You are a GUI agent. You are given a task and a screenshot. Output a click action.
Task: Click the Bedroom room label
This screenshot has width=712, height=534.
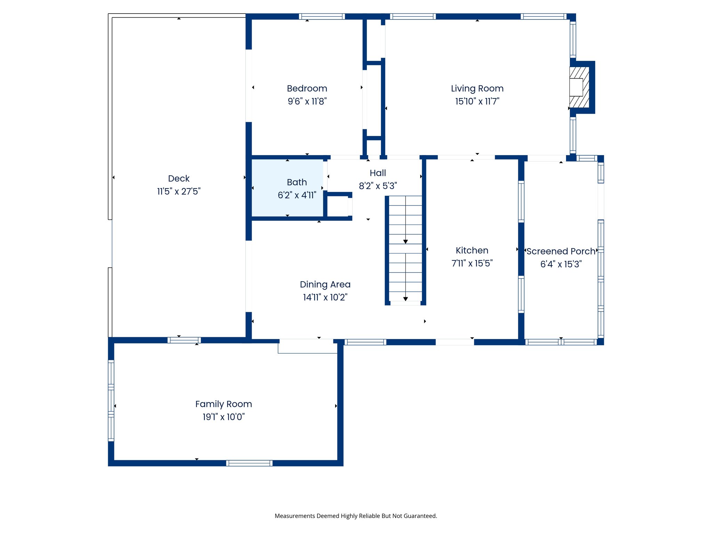307,88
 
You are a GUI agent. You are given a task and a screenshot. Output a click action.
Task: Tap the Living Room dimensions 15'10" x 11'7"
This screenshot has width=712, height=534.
477,101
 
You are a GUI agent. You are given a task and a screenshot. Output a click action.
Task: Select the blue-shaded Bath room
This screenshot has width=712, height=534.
288,188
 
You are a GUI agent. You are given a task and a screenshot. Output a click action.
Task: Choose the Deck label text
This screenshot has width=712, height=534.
179,178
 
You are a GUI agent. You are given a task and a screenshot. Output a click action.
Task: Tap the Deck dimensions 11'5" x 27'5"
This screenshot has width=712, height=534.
179,191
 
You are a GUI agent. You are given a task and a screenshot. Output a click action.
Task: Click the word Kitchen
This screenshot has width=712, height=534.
472,250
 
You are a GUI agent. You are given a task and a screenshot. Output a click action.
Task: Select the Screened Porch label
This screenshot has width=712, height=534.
561,251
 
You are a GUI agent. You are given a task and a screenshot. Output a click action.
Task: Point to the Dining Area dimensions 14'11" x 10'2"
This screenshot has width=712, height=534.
325,297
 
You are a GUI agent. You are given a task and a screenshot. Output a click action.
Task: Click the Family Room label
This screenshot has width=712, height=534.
224,404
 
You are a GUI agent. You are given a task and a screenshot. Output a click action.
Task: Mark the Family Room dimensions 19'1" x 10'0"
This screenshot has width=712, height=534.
224,417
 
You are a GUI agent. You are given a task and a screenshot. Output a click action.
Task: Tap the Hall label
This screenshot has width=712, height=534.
378,173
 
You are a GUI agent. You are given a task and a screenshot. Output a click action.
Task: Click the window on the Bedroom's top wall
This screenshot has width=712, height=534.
322,16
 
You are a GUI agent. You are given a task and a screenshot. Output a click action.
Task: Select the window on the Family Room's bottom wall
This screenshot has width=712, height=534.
249,463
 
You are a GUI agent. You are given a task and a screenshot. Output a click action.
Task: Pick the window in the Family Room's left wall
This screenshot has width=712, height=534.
111,400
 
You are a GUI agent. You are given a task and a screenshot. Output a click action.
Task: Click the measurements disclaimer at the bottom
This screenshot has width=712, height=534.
356,516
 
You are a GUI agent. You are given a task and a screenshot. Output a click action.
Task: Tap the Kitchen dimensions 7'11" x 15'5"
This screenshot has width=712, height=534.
472,263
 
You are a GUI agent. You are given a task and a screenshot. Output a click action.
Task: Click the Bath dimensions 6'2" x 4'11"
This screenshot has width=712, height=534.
297,195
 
